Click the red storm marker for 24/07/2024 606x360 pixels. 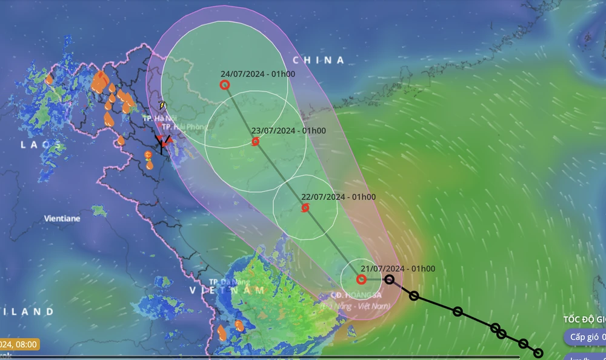[225, 85]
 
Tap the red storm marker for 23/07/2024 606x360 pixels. [255, 142]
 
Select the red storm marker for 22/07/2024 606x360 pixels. [305, 208]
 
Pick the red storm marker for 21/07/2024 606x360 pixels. [361, 279]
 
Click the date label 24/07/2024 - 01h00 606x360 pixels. [258, 74]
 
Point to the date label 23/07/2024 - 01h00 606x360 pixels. [288, 130]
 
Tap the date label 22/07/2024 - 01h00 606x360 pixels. [338, 197]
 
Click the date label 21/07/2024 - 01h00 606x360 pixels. [398, 268]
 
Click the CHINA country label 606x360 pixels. [318, 60]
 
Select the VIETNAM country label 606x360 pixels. [228, 290]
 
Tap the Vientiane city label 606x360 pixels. [62, 218]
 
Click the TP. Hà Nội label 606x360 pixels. [156, 118]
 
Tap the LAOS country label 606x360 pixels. [42, 145]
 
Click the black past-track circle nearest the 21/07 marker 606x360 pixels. [390, 279]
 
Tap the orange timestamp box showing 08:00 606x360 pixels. [18, 345]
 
